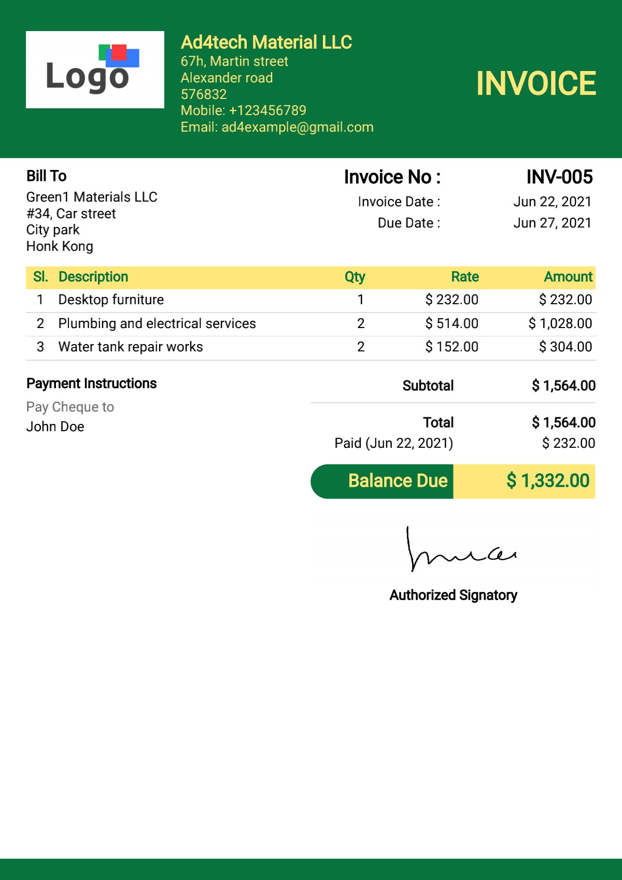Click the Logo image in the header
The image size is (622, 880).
pyautogui.click(x=95, y=69)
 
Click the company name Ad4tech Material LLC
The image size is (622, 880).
pyautogui.click(x=266, y=42)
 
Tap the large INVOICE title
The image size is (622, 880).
pyautogui.click(x=536, y=83)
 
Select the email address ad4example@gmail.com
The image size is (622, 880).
pyautogui.click(x=298, y=127)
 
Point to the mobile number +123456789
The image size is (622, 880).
pyautogui.click(x=267, y=110)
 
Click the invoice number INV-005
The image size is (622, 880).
pyautogui.click(x=559, y=177)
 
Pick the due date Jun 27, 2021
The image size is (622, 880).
pyautogui.click(x=552, y=223)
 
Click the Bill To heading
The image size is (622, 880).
pyautogui.click(x=47, y=176)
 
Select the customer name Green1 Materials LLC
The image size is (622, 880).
pyautogui.click(x=92, y=197)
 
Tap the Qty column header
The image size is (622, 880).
pyautogui.click(x=355, y=277)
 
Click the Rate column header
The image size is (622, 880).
pyautogui.click(x=465, y=277)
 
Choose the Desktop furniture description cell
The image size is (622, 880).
pyautogui.click(x=111, y=300)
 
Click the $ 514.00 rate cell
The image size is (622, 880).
pyautogui.click(x=451, y=323)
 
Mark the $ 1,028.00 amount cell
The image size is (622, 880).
pyautogui.click(x=560, y=323)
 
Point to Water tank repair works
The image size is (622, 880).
pyautogui.click(x=131, y=347)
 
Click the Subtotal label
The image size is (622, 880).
pyautogui.click(x=428, y=386)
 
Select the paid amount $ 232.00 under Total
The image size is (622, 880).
pyautogui.click(x=568, y=443)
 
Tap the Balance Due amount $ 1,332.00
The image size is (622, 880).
pyautogui.click(x=548, y=481)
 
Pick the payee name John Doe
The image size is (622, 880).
pyautogui.click(x=55, y=427)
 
